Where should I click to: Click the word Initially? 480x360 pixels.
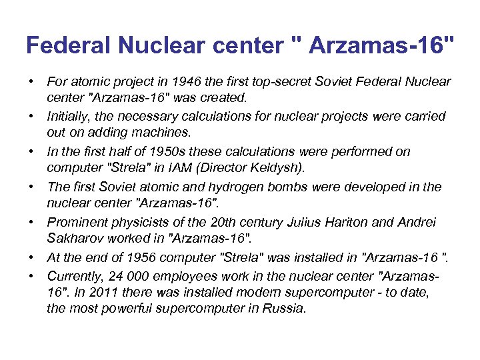click(71, 116)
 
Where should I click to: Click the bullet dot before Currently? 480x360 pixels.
click(31, 274)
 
